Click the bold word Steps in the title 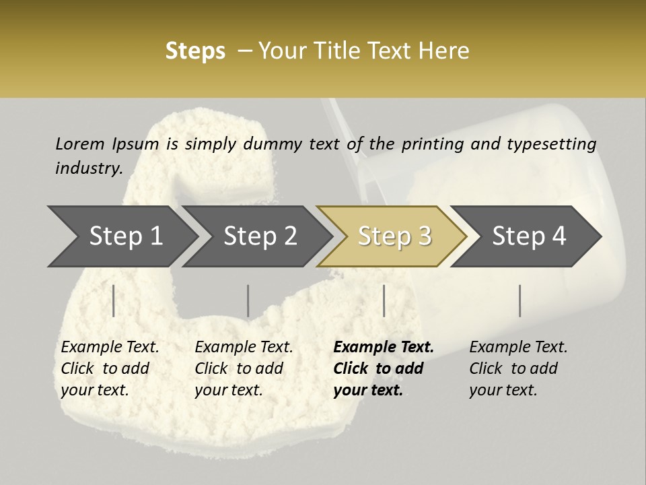pos(195,51)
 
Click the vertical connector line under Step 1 pos(114,300)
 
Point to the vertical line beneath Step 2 pos(248,300)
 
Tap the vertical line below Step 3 pos(384,300)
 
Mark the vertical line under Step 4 pos(520,300)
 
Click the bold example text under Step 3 pos(384,368)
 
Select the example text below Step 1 pos(110,368)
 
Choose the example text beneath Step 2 pos(244,368)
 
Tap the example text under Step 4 pos(518,368)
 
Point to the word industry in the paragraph pos(89,168)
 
